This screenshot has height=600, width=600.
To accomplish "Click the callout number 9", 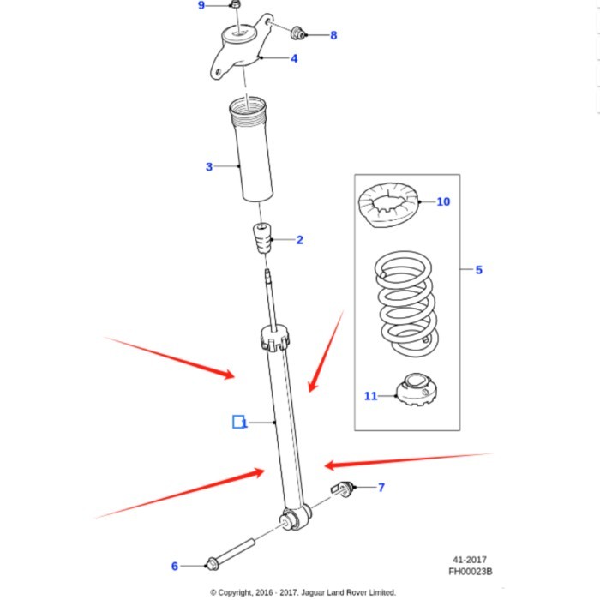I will coord(201,6).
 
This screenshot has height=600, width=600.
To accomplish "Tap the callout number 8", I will coord(333,35).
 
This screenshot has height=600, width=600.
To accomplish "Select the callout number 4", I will coord(294,59).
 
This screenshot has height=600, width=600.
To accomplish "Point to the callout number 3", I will coord(208,166).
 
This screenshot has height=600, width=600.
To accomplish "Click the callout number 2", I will coord(299,240).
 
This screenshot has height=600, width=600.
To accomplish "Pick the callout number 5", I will coord(478,270).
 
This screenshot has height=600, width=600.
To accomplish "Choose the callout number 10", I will coord(443,202).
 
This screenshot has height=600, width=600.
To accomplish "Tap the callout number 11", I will coord(370,396).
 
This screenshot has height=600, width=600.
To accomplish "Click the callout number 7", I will coord(381,488).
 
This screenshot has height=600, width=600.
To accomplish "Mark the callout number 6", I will coord(175,566).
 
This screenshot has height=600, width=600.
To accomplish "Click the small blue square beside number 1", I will coord(238,421).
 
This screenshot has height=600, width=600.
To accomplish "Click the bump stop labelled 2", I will coord(261,239).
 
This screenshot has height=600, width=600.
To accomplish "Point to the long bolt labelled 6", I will coord(231,551).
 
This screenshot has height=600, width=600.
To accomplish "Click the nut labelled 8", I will coord(298,33).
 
